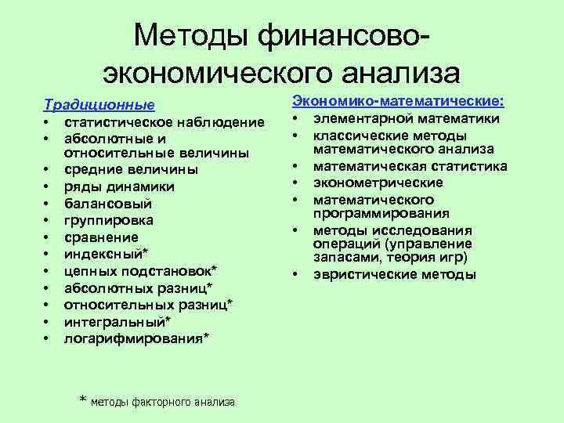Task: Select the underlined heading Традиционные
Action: [99, 104]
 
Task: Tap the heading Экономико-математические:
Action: [398, 101]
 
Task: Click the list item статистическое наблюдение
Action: [164, 122]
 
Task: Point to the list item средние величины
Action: [131, 169]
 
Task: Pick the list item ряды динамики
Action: [119, 186]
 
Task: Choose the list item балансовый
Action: [107, 203]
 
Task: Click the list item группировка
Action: [109, 220]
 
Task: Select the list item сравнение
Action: [101, 237]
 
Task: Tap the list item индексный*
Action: [105, 254]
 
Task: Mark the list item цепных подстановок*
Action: [141, 271]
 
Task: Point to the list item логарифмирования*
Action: [136, 338]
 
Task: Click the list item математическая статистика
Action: [410, 166]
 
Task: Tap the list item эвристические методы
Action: [394, 274]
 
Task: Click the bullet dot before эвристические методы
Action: [296, 274]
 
